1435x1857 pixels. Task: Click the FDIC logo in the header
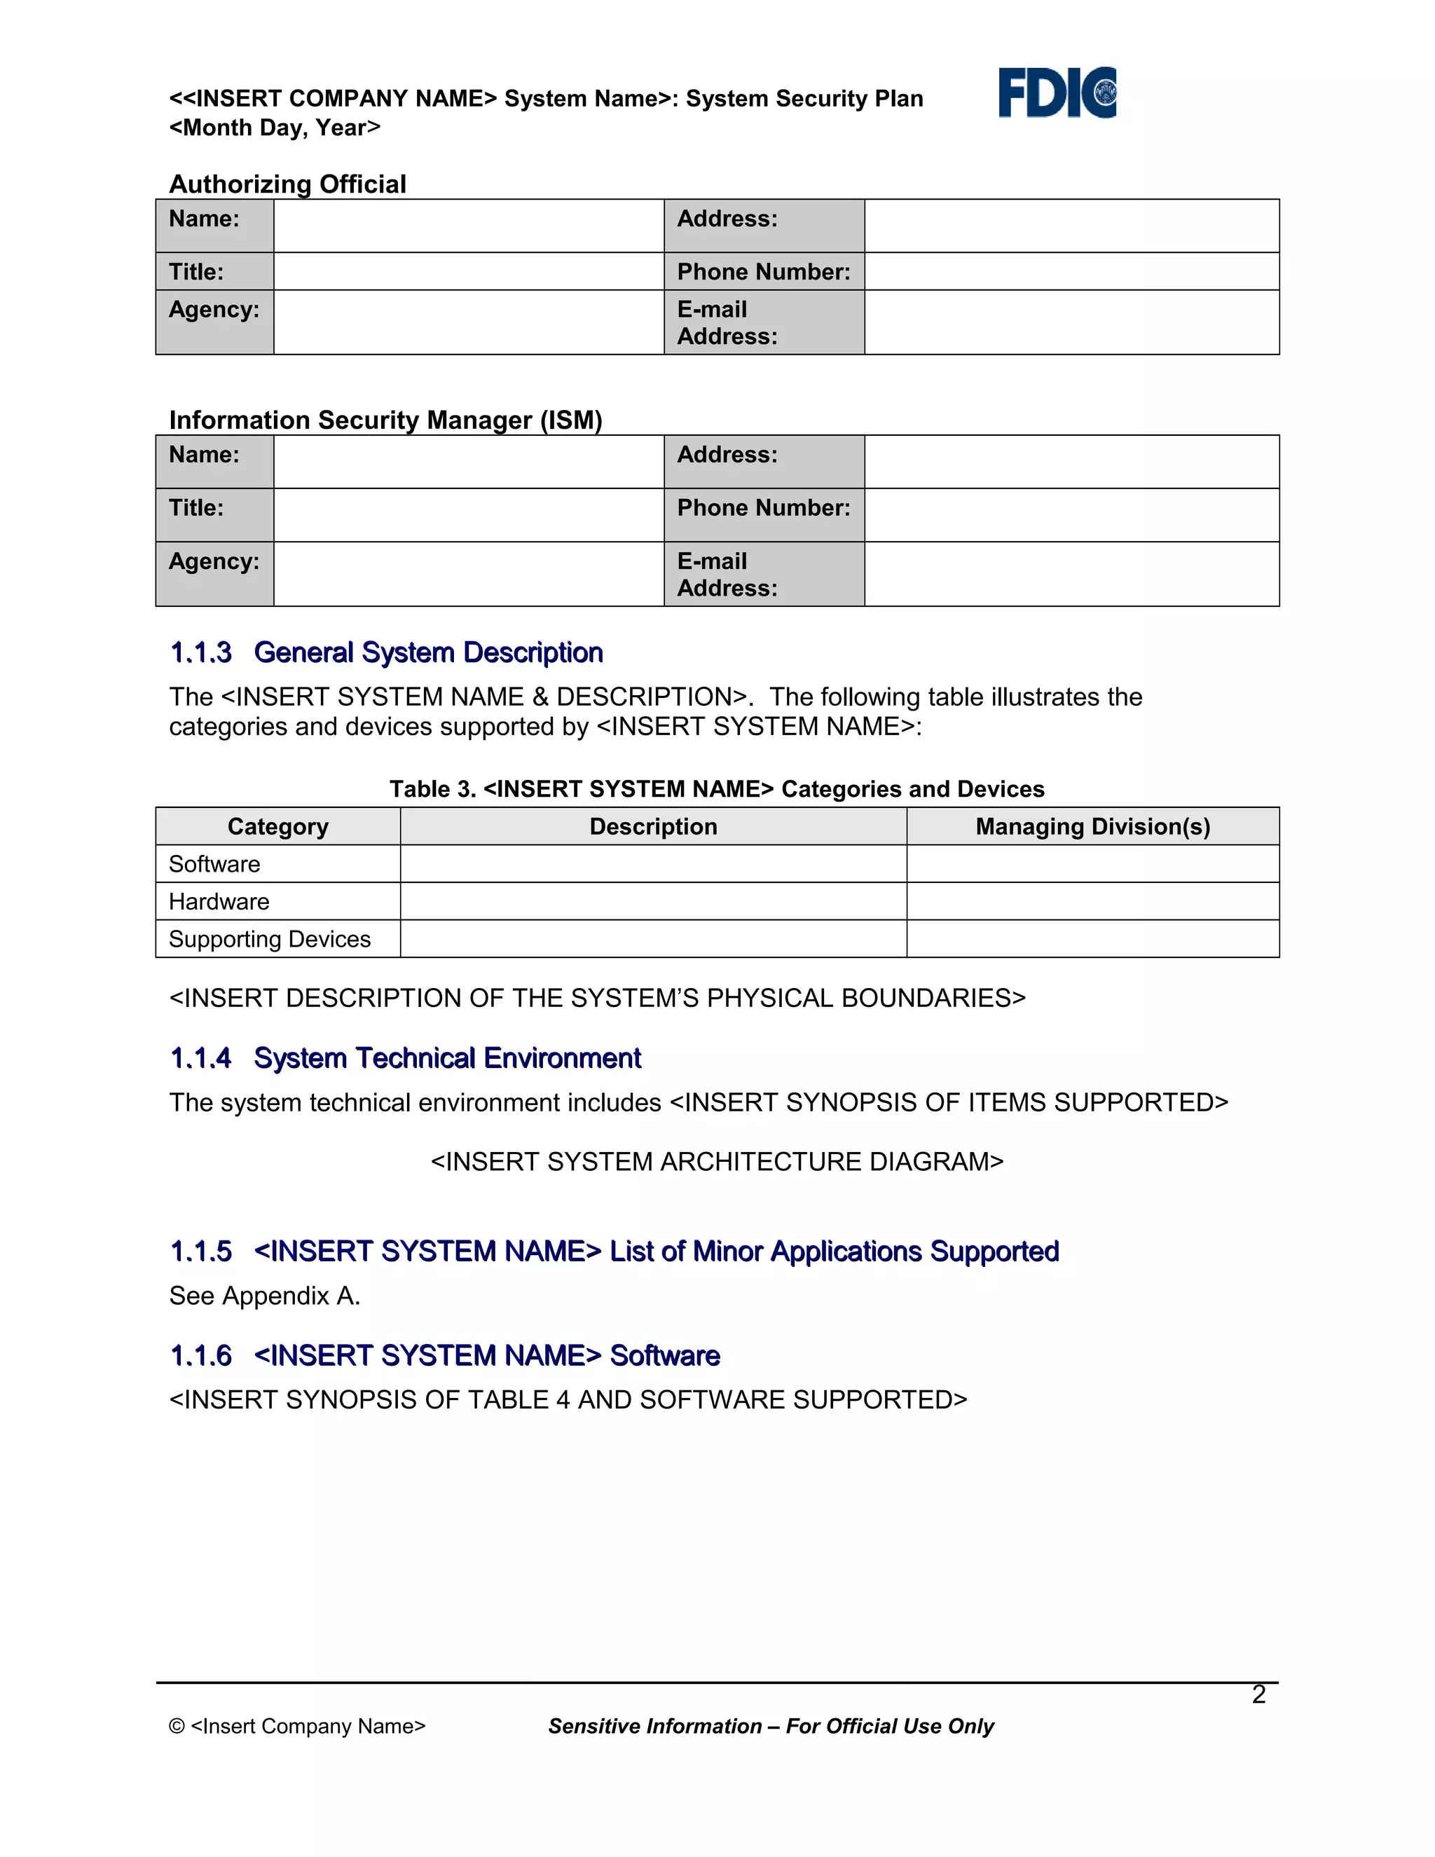point(1057,92)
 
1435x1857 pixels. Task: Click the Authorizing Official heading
point(287,184)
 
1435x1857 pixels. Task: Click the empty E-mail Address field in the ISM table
point(1071,574)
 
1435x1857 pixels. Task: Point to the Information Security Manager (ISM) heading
point(385,420)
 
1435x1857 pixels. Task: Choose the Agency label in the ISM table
point(214,561)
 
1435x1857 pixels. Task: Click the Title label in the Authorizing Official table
point(196,271)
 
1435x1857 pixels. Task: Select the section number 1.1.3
point(200,652)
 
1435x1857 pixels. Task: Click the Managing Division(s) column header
point(1092,826)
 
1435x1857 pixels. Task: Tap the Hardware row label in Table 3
point(219,901)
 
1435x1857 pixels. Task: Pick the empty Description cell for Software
point(653,864)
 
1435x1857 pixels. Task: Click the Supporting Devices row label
point(270,939)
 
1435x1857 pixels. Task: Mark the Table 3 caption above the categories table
point(717,789)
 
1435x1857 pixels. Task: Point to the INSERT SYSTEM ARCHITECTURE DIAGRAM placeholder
point(717,1161)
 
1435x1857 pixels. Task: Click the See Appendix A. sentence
point(264,1295)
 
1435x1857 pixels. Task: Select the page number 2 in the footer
point(1258,1694)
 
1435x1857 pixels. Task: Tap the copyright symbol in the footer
point(177,1726)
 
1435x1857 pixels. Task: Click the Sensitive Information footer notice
point(770,1726)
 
